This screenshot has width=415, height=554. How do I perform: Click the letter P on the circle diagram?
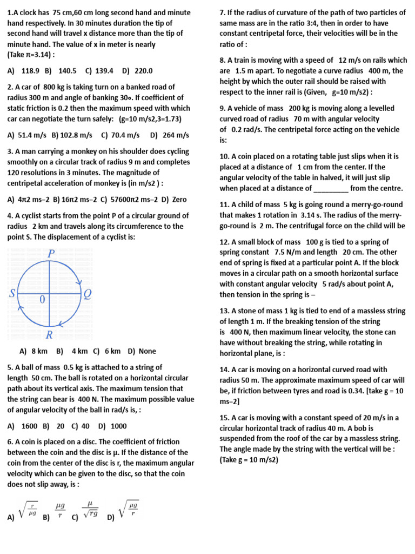(x=52, y=254)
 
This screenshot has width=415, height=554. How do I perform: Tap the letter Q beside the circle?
(x=88, y=294)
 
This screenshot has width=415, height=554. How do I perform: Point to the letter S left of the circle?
(x=12, y=294)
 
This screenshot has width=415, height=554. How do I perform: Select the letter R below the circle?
(x=49, y=335)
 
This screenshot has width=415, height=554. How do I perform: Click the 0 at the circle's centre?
(x=43, y=299)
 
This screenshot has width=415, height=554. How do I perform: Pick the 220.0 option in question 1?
(x=143, y=70)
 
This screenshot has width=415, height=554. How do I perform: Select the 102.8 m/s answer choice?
(x=75, y=135)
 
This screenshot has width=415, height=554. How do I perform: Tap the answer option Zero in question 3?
(x=178, y=199)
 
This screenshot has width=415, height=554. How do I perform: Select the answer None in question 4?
(x=147, y=351)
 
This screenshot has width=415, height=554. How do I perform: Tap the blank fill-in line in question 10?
(x=331, y=188)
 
